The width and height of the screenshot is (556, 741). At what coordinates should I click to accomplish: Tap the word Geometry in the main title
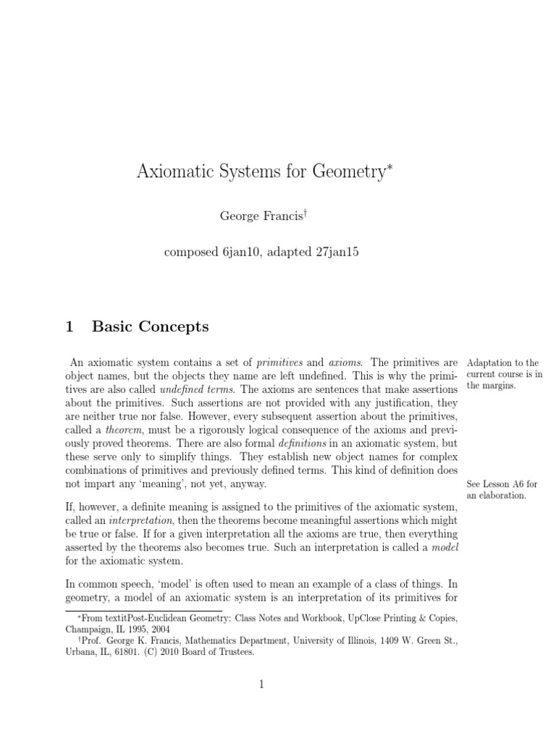[350, 173]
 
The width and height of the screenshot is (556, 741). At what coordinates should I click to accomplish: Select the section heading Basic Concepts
[150, 326]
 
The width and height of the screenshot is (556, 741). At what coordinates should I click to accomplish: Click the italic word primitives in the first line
[283, 362]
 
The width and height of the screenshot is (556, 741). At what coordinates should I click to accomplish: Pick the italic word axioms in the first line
[350, 362]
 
